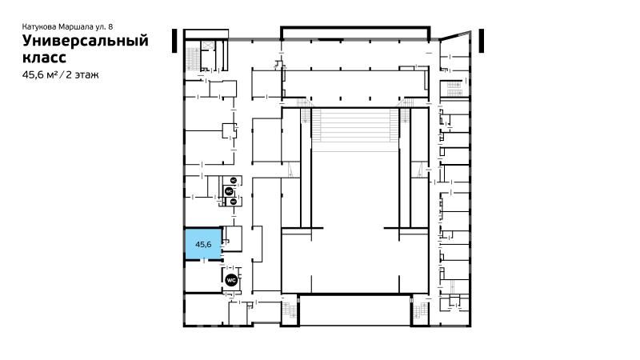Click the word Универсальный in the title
[x=86, y=42]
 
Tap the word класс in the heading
[x=44, y=57]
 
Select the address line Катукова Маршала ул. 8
[x=67, y=26]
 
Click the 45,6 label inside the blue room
[x=203, y=245]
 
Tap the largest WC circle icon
[x=231, y=281]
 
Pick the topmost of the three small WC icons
[x=234, y=180]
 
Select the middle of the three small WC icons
[x=229, y=190]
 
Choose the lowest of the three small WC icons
[x=234, y=202]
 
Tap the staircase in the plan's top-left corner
[x=192, y=59]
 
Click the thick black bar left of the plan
[x=174, y=41]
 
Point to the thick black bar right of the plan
[x=482, y=41]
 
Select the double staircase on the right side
[x=454, y=89]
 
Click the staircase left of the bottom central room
[x=292, y=310]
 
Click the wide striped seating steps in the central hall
[x=354, y=125]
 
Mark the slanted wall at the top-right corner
[x=455, y=35]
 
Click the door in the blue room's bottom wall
[x=204, y=261]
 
